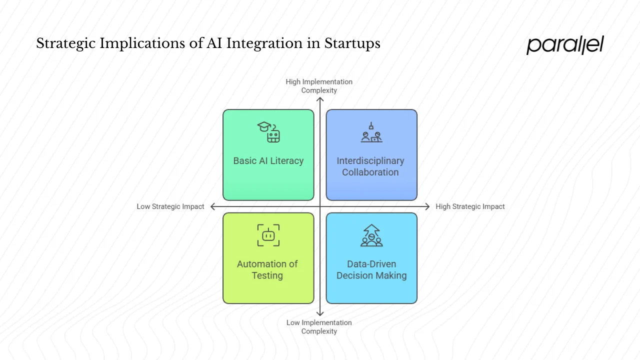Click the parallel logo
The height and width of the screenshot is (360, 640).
tap(565, 44)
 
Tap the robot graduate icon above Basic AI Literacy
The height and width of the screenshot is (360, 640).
tap(268, 132)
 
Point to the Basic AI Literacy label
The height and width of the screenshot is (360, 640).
tap(268, 161)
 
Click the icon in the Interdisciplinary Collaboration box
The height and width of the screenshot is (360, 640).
tap(371, 132)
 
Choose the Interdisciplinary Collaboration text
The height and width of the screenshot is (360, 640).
tap(370, 166)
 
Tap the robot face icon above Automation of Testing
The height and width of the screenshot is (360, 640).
tap(268, 235)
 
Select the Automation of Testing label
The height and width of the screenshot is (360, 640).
tap(267, 269)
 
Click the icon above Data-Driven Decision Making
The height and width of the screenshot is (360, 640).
tap(371, 235)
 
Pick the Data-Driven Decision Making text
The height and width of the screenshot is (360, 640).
tap(371, 269)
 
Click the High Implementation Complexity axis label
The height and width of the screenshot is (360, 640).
tap(319, 86)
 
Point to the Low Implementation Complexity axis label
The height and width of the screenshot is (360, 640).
tap(319, 327)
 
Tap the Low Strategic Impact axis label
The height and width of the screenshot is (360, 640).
tap(170, 206)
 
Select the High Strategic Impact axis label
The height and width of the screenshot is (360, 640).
tap(470, 206)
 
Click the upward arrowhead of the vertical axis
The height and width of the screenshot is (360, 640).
tap(320, 99)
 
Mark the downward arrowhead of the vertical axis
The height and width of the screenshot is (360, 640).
tap(320, 313)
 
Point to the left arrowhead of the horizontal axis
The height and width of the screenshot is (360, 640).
tap(213, 206)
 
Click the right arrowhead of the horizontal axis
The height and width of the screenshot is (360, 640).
tap(427, 206)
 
